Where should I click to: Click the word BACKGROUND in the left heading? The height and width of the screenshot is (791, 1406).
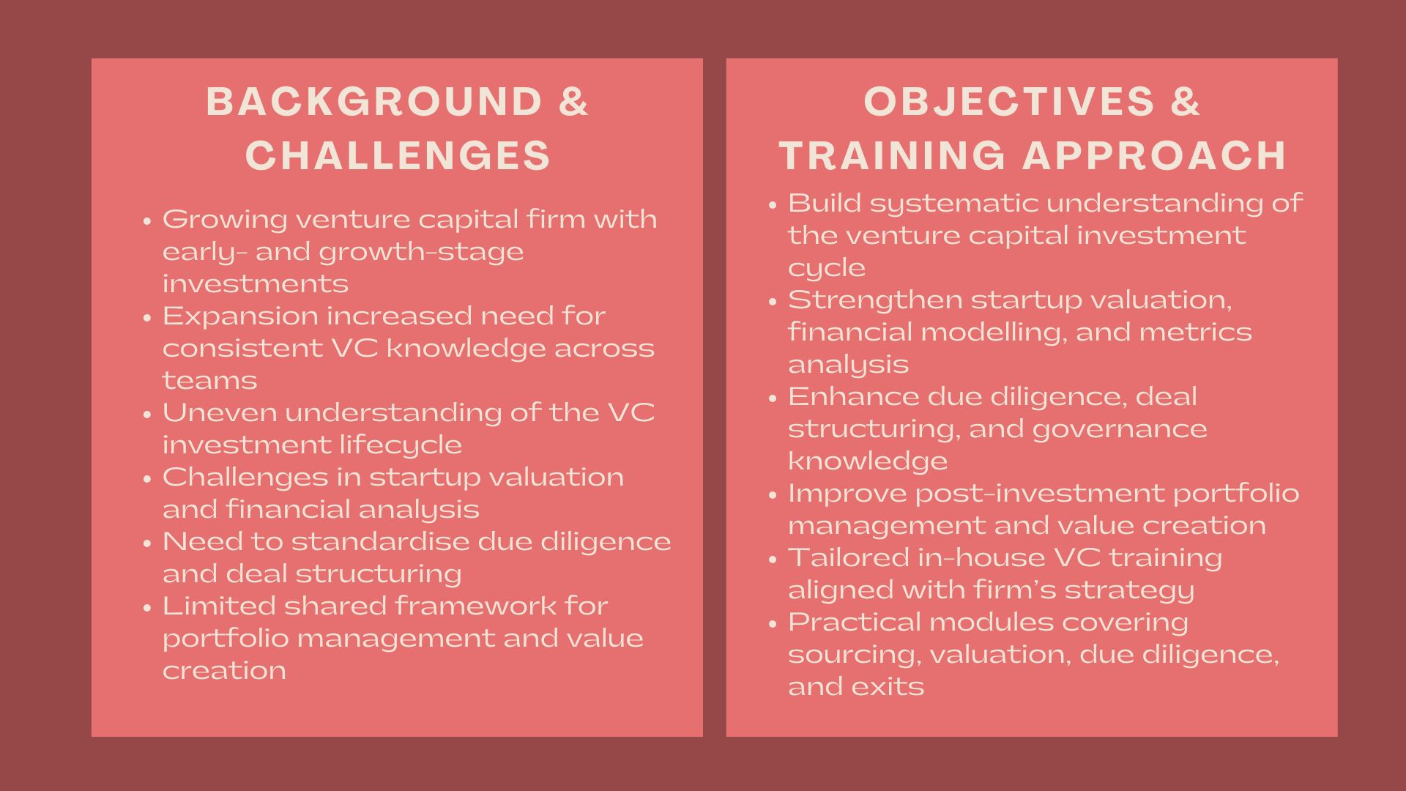[373, 101]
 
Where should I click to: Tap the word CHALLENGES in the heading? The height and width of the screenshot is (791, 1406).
[398, 155]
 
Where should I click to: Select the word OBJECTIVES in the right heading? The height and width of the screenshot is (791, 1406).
[1008, 101]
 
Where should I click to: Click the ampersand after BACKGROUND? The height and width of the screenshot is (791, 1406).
[573, 101]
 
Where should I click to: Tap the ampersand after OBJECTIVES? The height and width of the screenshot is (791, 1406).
[1186, 101]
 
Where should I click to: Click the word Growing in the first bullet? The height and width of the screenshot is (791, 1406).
[224, 220]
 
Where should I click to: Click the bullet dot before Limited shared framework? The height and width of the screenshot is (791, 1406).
[147, 607]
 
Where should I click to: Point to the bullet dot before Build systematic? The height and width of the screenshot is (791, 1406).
[773, 204]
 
